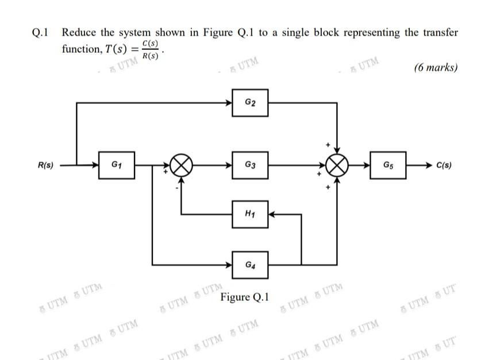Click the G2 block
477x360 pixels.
click(250, 103)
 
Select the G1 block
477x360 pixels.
click(117, 165)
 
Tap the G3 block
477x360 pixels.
click(250, 165)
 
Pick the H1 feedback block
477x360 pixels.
click(250, 214)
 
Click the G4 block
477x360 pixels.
click(250, 265)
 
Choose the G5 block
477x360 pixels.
click(388, 165)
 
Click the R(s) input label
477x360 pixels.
click(45, 165)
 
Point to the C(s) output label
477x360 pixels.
click(444, 165)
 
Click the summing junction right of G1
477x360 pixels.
click(182, 165)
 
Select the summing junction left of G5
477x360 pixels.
click(337, 165)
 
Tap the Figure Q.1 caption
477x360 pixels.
click(244, 297)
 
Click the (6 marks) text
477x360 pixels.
click(436, 68)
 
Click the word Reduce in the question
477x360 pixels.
click(80, 33)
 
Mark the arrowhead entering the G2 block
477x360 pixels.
click(228, 103)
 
